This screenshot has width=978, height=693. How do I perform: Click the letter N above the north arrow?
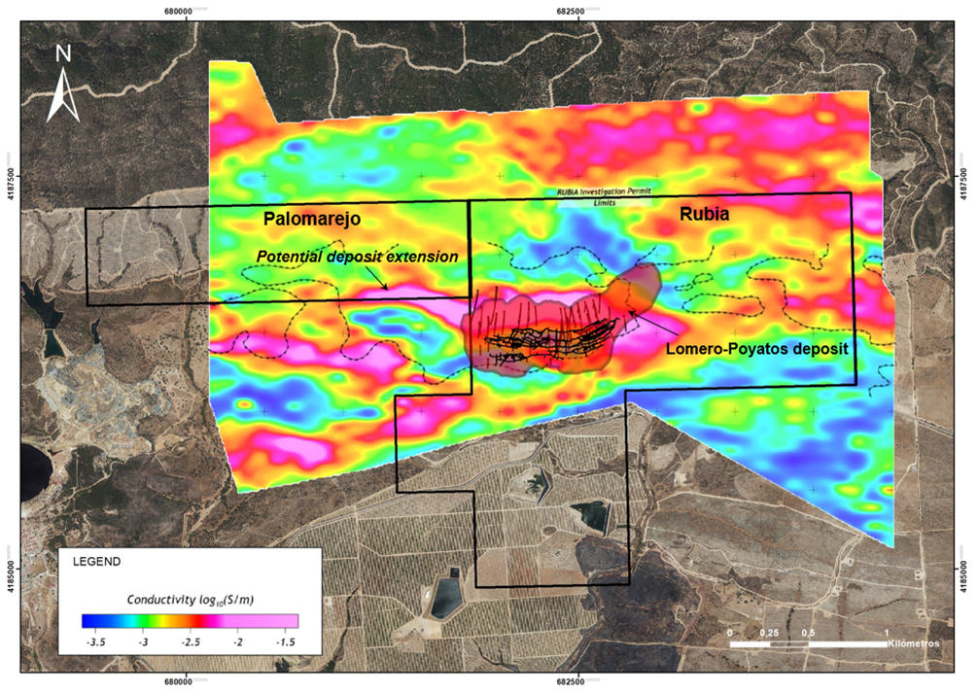[x=63, y=54]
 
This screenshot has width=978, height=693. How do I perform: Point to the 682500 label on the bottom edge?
[x=577, y=682]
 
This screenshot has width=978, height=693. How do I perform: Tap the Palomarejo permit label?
[x=311, y=220]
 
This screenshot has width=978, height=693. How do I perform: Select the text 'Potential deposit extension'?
[x=357, y=257]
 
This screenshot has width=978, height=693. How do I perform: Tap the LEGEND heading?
[x=94, y=562]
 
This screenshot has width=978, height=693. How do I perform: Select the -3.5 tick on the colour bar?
[x=95, y=642]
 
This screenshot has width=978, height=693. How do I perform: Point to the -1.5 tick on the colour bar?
[x=286, y=642]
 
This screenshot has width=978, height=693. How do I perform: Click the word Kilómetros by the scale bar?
[x=914, y=644]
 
